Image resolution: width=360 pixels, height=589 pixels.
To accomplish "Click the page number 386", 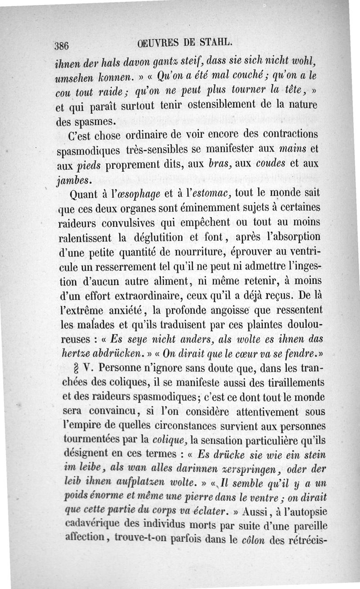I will [x=61, y=45].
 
